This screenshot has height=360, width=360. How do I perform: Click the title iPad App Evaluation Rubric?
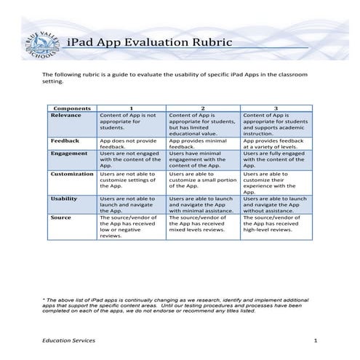[x=149, y=42]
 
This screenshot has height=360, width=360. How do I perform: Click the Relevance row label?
[x=66, y=115]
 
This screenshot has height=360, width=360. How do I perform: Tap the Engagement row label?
[x=69, y=153]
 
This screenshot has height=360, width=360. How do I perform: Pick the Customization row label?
[x=73, y=175]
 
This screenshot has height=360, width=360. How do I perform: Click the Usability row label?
[x=64, y=199]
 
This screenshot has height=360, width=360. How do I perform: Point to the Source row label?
[x=61, y=217]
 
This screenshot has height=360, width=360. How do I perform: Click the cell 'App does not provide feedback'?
[x=131, y=143]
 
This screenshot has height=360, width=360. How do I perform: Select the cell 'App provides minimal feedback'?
[x=203, y=143]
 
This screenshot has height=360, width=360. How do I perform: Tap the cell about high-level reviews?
[x=276, y=223]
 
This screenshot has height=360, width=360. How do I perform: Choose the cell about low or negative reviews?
[x=131, y=226]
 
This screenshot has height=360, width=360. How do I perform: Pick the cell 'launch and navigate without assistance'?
[x=276, y=204]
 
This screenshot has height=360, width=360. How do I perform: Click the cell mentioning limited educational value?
[x=203, y=124]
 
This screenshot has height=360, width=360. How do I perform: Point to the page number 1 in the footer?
[x=316, y=340]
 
